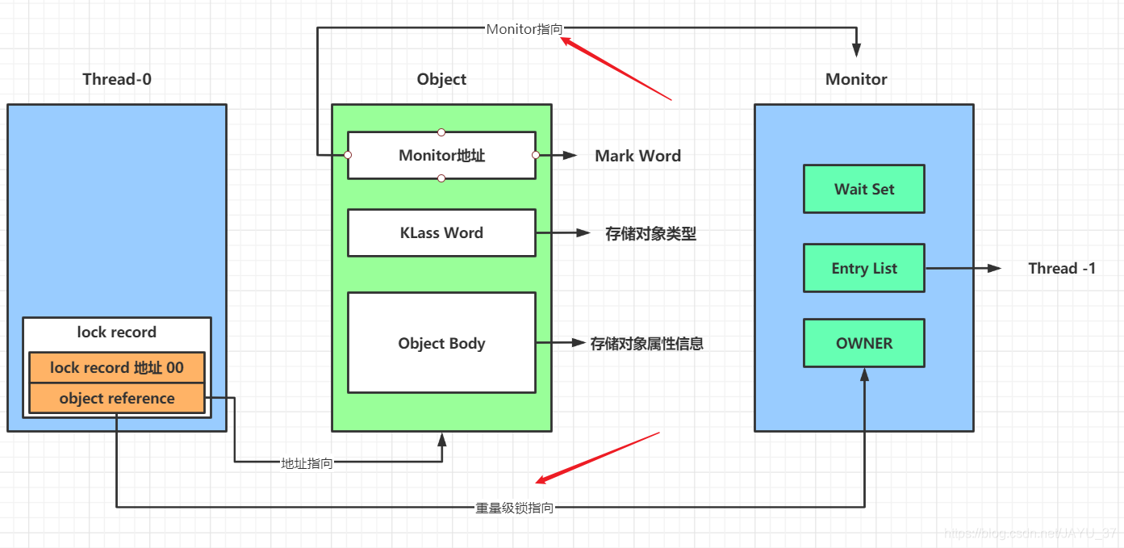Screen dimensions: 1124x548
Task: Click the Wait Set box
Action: click(863, 189)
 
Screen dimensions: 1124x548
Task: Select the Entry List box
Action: click(863, 268)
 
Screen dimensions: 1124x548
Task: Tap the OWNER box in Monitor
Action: click(863, 343)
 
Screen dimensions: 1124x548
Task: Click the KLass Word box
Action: click(441, 233)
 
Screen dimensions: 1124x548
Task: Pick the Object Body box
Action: click(441, 343)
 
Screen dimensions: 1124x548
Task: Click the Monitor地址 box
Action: click(441, 156)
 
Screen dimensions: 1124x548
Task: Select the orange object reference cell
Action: click(117, 399)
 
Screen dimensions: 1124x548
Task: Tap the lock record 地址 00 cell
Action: click(117, 368)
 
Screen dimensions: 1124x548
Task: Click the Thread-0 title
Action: click(117, 79)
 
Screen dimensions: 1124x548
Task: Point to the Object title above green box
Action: click(441, 79)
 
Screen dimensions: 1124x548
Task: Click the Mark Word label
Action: click(637, 156)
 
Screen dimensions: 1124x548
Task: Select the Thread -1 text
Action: click(1062, 269)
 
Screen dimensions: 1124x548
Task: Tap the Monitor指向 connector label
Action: click(524, 29)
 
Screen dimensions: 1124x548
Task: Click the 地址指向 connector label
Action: click(307, 463)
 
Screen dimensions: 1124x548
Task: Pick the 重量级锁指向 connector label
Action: click(514, 508)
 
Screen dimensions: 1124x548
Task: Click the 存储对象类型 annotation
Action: click(650, 234)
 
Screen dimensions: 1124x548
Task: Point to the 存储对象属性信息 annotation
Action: click(647, 344)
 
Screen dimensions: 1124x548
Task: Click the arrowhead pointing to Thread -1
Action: click(994, 269)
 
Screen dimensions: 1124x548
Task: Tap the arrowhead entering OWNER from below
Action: click(864, 374)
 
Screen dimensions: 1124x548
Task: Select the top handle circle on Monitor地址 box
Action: click(441, 132)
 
